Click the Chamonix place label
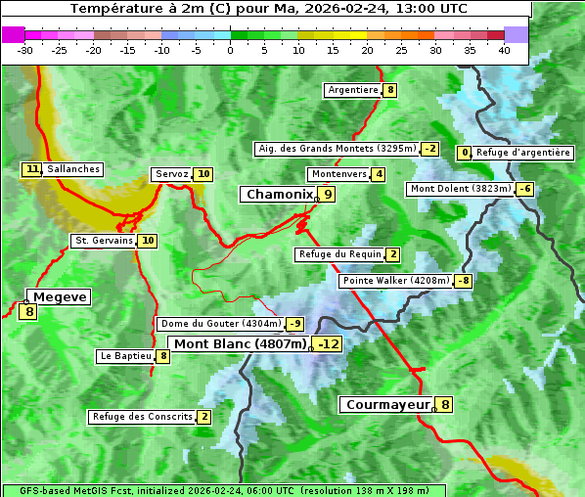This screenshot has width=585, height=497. (279, 195)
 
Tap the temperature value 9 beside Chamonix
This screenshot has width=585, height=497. (328, 195)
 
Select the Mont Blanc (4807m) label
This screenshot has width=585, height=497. (241, 343)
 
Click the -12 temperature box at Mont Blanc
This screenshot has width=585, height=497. (328, 343)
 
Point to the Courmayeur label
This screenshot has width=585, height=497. (387, 404)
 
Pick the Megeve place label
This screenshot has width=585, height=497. (59, 296)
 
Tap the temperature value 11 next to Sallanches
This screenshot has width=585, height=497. (32, 169)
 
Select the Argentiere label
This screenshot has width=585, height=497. (353, 90)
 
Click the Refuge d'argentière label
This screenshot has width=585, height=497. (522, 153)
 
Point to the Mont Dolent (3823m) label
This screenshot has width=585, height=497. (461, 189)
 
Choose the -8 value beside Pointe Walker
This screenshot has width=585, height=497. (463, 281)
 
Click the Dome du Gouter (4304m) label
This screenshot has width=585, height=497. (221, 324)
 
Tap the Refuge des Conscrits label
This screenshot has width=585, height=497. (142, 417)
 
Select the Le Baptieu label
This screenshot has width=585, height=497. (125, 356)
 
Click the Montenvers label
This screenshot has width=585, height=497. (338, 174)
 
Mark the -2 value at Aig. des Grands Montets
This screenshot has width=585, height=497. (430, 149)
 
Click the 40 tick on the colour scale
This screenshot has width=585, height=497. (504, 50)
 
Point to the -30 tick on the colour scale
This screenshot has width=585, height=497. (25, 50)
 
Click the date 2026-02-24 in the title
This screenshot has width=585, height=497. (346, 9)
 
